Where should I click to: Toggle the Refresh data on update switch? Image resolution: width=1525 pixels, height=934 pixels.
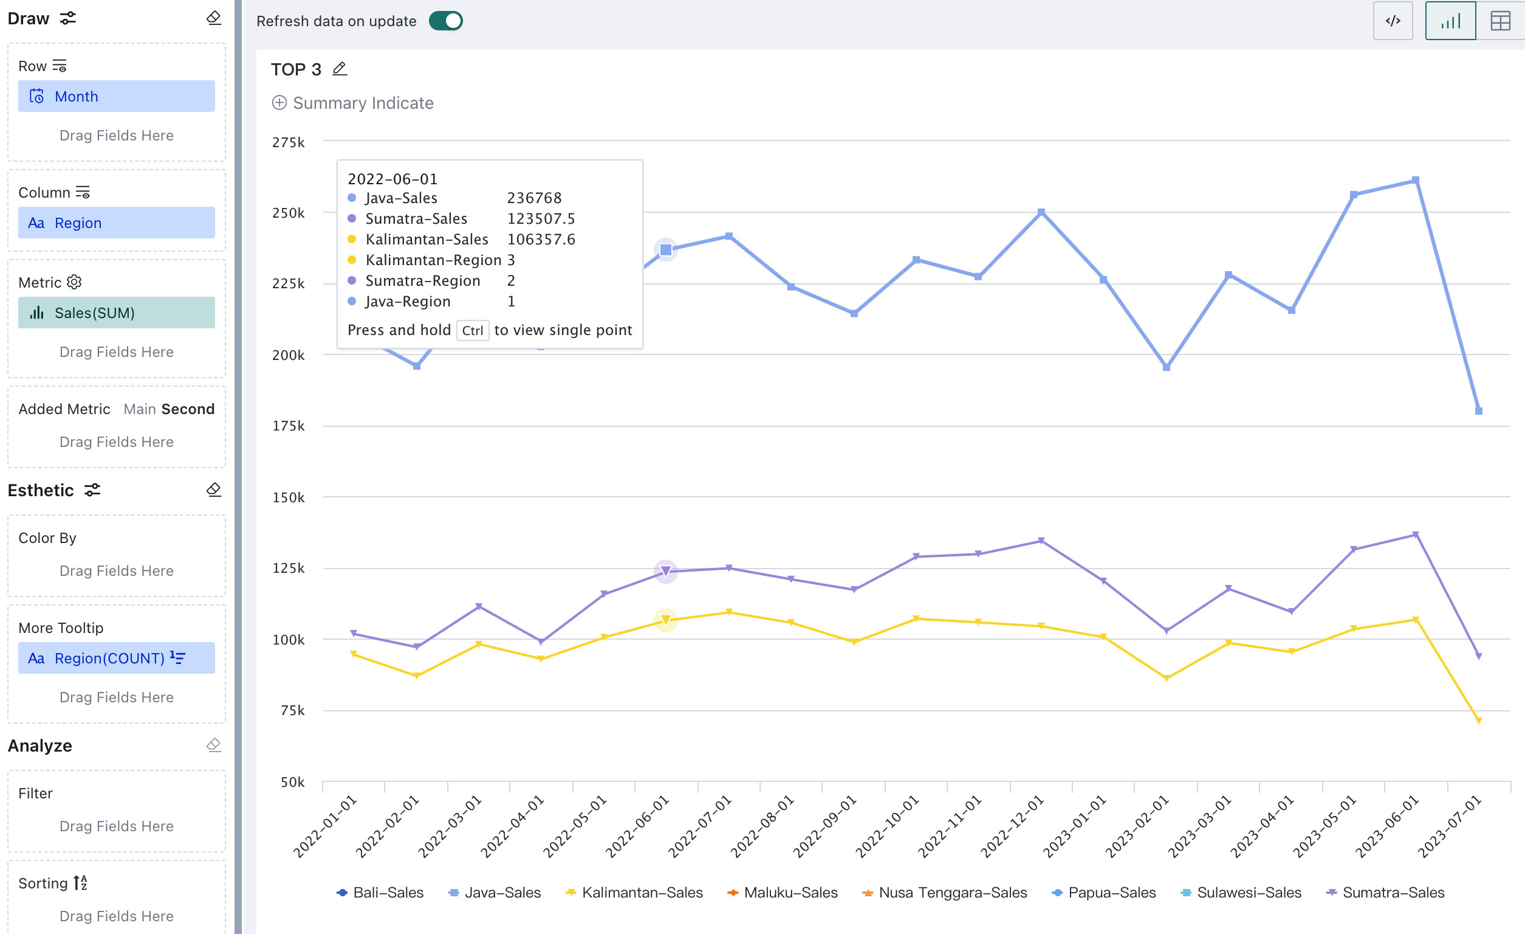445,21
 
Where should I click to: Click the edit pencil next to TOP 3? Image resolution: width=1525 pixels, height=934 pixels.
340,69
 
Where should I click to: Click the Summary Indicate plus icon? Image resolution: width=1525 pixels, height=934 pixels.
279,103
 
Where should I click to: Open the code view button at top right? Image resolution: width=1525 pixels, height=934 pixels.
1393,21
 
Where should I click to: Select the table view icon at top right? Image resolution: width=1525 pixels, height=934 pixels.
1500,21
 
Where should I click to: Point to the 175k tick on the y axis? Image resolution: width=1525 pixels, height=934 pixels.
289,426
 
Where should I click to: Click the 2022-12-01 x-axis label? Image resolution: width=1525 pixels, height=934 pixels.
1012,826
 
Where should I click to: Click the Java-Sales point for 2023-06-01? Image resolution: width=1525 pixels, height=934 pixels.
1416,181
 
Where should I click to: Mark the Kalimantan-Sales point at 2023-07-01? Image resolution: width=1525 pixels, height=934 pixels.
1479,721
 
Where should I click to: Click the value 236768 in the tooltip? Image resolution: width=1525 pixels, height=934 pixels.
535,198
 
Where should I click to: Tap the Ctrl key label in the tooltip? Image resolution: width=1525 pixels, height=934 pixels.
473,331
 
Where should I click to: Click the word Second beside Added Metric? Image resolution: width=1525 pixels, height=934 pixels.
188,409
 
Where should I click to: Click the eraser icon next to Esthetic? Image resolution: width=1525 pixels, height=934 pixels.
213,490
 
